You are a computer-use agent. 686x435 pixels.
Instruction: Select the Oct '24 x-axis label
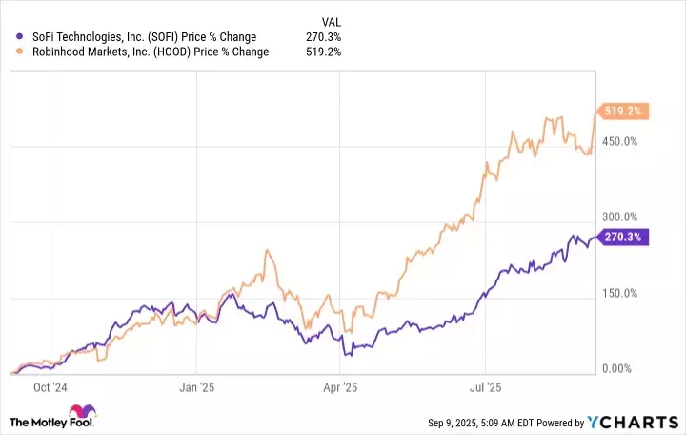[49, 388]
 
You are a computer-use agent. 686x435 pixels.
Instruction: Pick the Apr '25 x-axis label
[341, 388]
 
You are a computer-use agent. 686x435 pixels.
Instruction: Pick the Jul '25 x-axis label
[487, 388]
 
